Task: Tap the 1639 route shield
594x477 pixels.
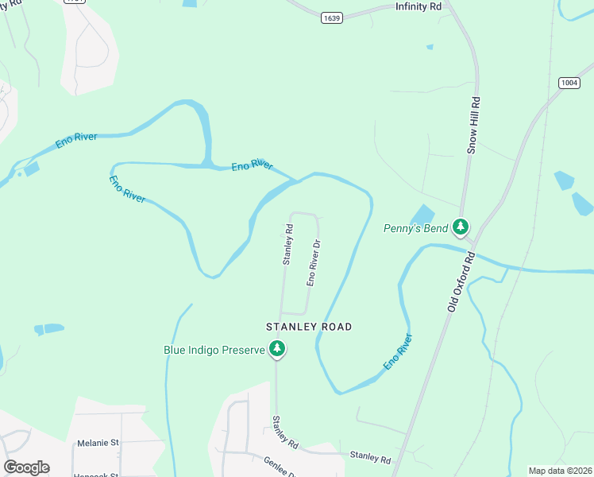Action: [x=333, y=17]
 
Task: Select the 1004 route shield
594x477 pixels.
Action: [x=569, y=83]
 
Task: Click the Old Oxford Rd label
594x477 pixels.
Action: [x=461, y=281]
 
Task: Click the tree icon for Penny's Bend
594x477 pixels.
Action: [x=461, y=227]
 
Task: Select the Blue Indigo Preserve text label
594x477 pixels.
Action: [x=214, y=349]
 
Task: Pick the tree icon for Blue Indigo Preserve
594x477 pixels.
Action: [x=277, y=348]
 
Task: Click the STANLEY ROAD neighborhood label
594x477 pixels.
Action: [x=309, y=327]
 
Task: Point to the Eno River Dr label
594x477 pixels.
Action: [x=313, y=263]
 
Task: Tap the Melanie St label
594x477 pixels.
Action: [x=98, y=443]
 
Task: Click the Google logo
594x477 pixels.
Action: [x=26, y=467]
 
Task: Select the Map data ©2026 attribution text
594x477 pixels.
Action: [x=560, y=471]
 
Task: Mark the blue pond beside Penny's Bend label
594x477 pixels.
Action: [x=422, y=215]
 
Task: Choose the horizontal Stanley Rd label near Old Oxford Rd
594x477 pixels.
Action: [x=370, y=460]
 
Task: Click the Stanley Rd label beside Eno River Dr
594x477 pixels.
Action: [x=288, y=244]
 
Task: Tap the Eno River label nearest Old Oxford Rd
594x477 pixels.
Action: [x=399, y=352]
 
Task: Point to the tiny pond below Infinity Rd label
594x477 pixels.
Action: [x=430, y=47]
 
